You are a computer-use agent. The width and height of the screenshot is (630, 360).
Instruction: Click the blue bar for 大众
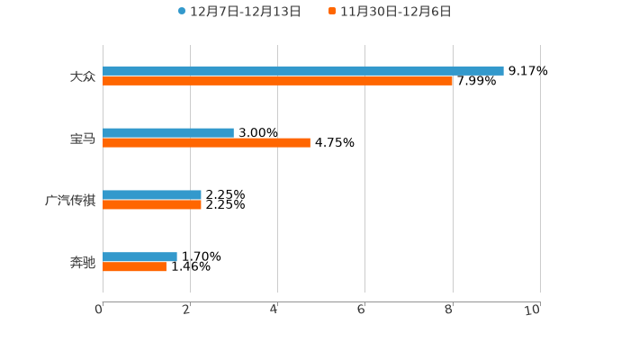click(303, 70)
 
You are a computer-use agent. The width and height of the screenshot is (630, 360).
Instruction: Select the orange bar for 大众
click(278, 81)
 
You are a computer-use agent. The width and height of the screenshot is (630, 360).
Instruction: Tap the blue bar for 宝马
click(168, 132)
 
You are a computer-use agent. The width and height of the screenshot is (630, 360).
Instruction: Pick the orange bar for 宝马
click(207, 143)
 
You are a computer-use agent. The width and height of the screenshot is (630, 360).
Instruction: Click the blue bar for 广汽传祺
click(152, 194)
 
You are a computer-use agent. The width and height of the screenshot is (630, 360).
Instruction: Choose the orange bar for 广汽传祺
click(152, 205)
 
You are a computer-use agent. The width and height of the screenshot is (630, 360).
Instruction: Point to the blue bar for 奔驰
click(140, 256)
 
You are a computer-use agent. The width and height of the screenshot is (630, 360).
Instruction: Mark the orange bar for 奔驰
click(135, 267)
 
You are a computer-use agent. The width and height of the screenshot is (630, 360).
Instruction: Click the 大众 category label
click(83, 76)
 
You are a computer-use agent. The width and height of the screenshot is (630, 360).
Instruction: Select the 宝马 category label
click(83, 139)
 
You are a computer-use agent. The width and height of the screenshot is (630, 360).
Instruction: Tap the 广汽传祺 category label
click(70, 200)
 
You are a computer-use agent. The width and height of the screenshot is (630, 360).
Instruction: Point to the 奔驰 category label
click(83, 263)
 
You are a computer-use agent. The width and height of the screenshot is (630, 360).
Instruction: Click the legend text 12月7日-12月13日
click(245, 12)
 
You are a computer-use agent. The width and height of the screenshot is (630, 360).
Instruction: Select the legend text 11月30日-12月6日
click(395, 12)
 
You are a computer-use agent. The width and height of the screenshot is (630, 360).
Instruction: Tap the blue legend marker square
click(182, 12)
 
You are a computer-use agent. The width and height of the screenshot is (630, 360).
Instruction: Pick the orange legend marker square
click(332, 12)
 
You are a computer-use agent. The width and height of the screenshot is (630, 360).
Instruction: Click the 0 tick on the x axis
click(99, 310)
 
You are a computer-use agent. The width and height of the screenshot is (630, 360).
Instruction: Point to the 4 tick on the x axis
click(274, 310)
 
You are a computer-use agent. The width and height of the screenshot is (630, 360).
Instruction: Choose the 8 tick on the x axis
click(449, 310)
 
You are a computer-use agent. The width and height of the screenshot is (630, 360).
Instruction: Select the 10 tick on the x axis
click(533, 310)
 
